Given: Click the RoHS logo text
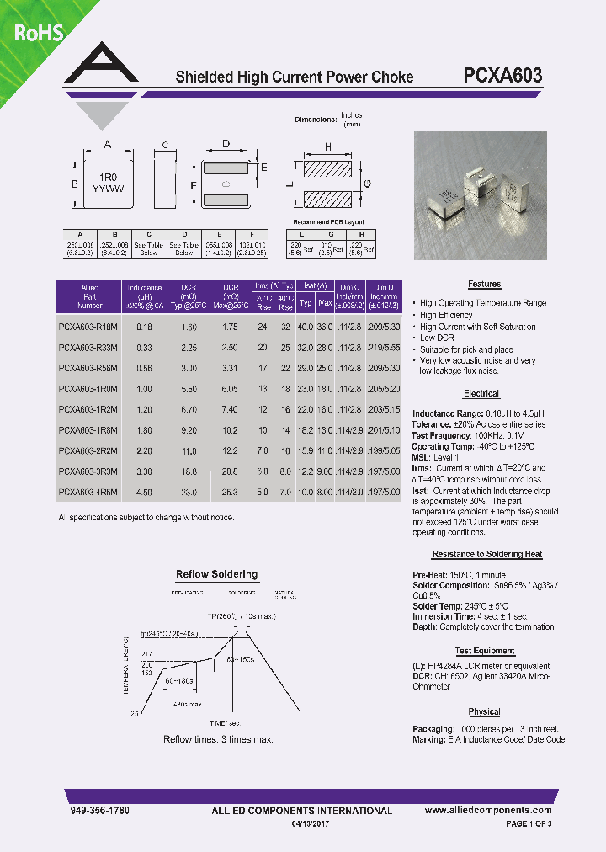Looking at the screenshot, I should point(33,33).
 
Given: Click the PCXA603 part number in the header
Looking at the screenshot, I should point(502,76).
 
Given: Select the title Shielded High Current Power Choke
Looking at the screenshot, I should point(294,77).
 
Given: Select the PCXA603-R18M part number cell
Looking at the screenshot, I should point(88,326).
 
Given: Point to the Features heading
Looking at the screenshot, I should point(484,285).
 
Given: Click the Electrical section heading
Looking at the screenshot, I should point(481,394).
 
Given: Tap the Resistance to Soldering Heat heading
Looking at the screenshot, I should point(486,555).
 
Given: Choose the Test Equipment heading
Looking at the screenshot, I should point(485,651).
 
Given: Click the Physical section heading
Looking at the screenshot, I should point(484,712).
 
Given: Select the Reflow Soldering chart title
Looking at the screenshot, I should point(216,574).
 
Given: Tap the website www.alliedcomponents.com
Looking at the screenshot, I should point(487,810).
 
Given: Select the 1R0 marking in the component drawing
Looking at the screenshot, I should point(107,178).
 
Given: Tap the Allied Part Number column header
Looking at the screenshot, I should point(89,297).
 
